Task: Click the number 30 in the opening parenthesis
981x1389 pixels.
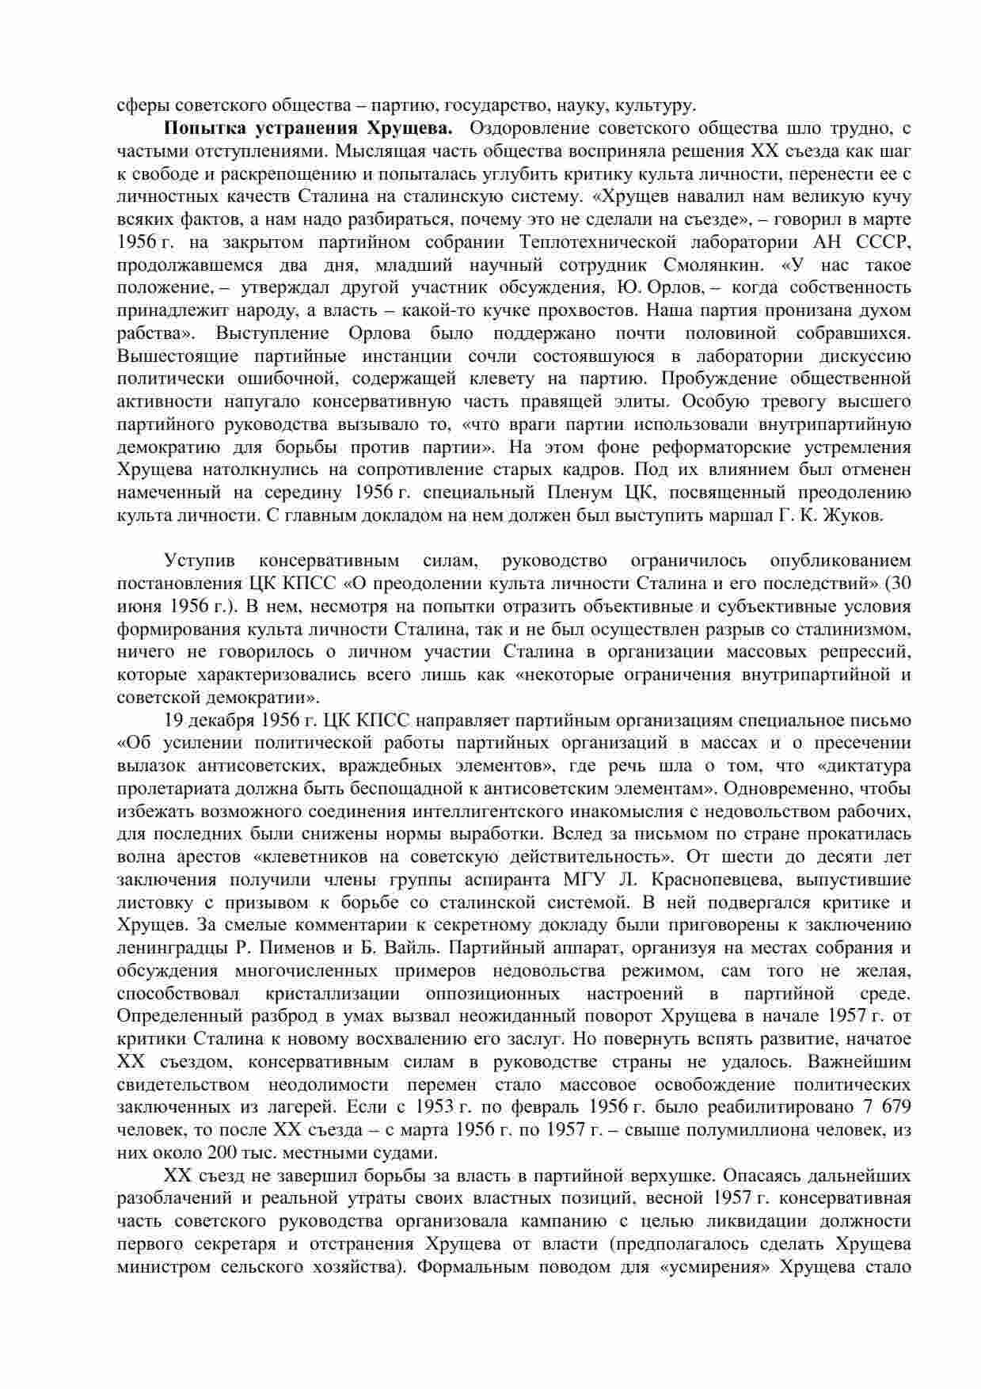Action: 900,584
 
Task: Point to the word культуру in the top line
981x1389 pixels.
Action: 656,105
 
